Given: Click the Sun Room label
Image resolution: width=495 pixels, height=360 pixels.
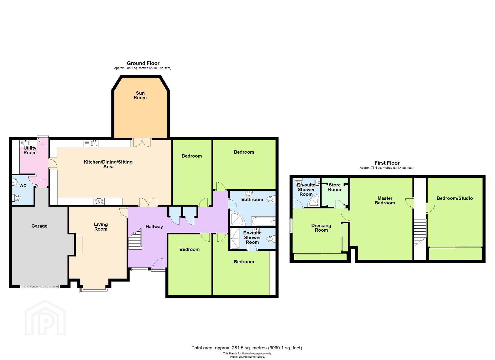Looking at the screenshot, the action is click(140, 95).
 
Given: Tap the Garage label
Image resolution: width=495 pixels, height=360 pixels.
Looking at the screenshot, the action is click(39, 226).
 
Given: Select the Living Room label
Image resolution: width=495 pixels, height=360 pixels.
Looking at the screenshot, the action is click(101, 227).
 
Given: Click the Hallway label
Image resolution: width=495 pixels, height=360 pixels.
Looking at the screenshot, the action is click(154, 227).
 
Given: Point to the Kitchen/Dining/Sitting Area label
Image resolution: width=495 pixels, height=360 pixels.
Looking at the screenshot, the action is click(108, 164).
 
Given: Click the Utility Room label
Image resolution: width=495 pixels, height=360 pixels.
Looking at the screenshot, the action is click(30, 150).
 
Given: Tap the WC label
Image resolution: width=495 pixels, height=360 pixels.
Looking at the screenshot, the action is click(23, 186).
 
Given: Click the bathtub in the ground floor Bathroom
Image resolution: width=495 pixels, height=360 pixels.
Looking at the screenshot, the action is click(263, 221).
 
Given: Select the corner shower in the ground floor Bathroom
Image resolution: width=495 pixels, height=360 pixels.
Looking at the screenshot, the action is click(237, 218).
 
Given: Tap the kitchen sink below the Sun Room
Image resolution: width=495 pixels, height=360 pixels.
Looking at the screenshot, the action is click(91, 143).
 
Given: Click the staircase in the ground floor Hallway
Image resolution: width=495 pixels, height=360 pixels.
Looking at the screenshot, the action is click(135, 239).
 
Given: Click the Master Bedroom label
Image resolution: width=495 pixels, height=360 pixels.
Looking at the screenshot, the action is click(385, 201).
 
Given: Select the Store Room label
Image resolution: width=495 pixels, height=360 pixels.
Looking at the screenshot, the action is click(335, 187).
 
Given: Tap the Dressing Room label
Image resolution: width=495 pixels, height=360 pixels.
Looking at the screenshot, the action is click(321, 228).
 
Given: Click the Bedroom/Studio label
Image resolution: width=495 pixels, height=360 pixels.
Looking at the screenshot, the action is click(455, 198).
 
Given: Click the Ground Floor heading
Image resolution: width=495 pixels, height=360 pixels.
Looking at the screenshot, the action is click(143, 63).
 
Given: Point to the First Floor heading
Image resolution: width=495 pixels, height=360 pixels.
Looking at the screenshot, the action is click(387, 163).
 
